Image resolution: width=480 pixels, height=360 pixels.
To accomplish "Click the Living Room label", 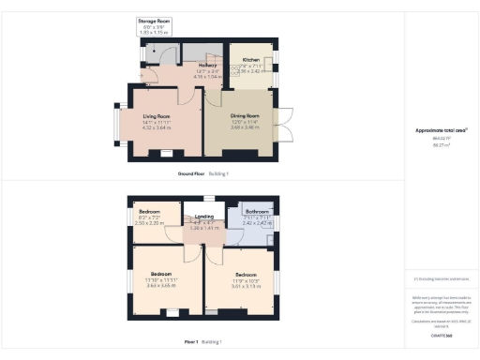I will pyautogui.click(x=156, y=116).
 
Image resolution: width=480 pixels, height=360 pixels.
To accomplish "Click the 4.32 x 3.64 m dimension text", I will pyautogui.click(x=156, y=127).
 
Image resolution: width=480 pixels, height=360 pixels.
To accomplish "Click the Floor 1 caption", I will pyautogui.click(x=195, y=342).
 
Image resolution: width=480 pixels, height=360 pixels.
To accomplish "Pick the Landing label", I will pyautogui.click(x=204, y=217).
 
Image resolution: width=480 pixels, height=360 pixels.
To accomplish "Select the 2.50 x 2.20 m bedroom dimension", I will pyautogui.click(x=150, y=223).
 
